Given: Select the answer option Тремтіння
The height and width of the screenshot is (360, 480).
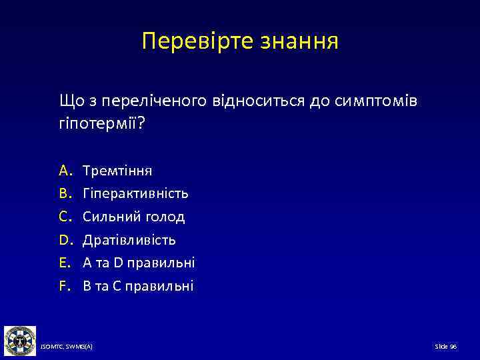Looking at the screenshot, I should pyautogui.click(x=117, y=171).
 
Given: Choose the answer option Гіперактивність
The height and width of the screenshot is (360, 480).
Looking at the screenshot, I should pyautogui.click(x=135, y=194).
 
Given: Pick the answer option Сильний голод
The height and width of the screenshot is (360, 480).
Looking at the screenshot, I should pyautogui.click(x=134, y=217).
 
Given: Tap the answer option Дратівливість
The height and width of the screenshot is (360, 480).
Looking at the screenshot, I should pyautogui.click(x=129, y=240).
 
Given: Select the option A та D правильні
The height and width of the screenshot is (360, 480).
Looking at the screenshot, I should pyautogui.click(x=139, y=263).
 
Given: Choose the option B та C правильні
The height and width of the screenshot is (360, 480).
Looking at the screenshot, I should pyautogui.click(x=138, y=286).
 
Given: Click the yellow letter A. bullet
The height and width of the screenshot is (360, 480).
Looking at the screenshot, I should pyautogui.click(x=65, y=171).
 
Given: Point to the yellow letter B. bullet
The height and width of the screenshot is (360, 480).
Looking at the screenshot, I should pyautogui.click(x=65, y=194).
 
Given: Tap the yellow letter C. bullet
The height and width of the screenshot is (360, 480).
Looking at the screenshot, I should pyautogui.click(x=65, y=217).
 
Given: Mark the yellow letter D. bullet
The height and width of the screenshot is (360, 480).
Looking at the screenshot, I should pyautogui.click(x=65, y=240).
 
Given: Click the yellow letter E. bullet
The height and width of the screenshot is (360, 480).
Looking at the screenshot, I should pyautogui.click(x=65, y=263).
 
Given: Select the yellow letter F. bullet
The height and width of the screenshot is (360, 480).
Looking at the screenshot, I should pyautogui.click(x=65, y=286).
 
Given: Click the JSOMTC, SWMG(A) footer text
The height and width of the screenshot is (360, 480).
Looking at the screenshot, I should pyautogui.click(x=67, y=347).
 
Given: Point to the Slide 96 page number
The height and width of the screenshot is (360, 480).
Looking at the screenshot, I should pyautogui.click(x=445, y=347).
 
